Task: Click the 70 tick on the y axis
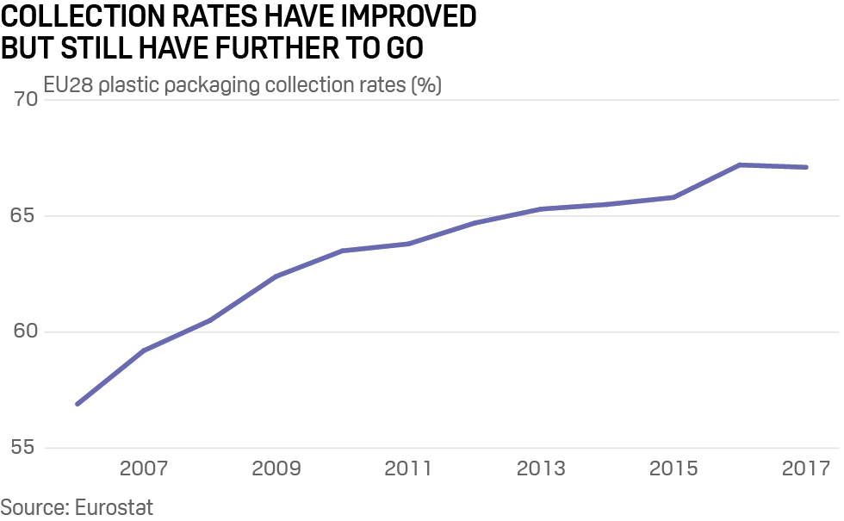26,99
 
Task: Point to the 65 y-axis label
26,215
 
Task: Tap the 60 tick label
26,332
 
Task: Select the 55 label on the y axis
26,448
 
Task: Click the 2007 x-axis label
143,469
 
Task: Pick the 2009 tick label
276,469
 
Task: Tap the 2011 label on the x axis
408,469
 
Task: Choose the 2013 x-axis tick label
541,469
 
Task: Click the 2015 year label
673,469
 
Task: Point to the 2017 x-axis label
806,469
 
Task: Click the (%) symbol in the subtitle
426,86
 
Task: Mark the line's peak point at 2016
740,164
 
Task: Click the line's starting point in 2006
78,404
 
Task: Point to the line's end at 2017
806,167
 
